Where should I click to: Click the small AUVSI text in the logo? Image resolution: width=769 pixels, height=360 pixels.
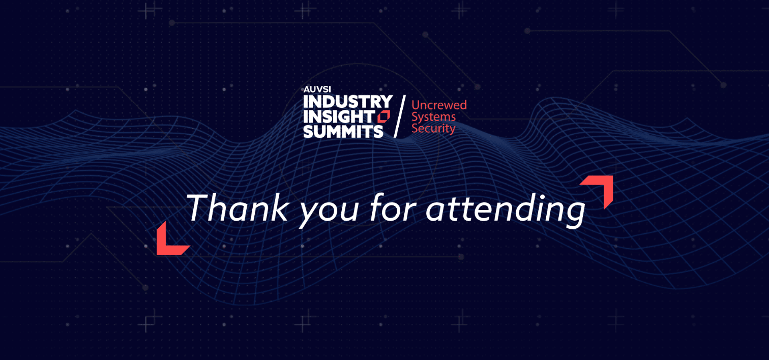click(x=317, y=89)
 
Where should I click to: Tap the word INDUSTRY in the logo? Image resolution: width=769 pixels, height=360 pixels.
click(x=348, y=102)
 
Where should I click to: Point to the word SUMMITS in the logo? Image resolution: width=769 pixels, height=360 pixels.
click(x=343, y=131)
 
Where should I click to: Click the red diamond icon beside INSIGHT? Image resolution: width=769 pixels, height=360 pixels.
click(x=384, y=116)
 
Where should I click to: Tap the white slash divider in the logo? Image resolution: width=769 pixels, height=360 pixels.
click(x=400, y=116)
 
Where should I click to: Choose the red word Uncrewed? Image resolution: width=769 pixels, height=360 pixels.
click(x=439, y=105)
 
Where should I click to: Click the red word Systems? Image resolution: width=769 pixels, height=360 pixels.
click(x=434, y=117)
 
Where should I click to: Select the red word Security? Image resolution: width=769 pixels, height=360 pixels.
click(x=433, y=129)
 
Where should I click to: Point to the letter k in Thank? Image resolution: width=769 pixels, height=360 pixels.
click(x=278, y=207)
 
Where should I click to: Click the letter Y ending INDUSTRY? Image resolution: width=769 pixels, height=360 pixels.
click(x=386, y=102)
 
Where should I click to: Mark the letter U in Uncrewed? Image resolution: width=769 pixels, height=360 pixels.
click(x=416, y=105)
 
